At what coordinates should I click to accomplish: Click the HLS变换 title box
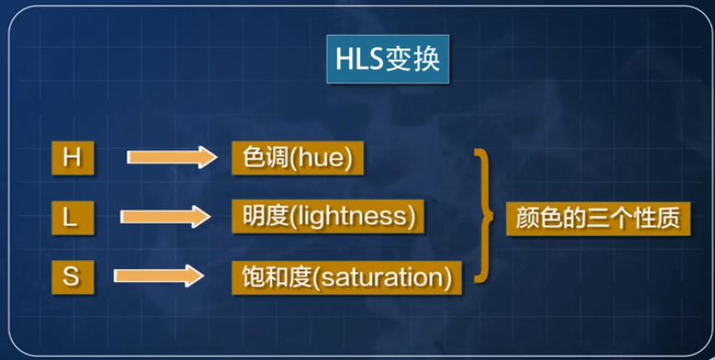click(x=384, y=62)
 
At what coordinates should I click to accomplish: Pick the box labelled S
click(x=71, y=274)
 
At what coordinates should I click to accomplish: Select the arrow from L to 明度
click(x=165, y=217)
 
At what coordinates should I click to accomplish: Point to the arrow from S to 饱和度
click(x=157, y=275)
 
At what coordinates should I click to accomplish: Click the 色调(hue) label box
click(x=298, y=158)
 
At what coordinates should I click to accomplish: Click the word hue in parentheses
click(x=322, y=158)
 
